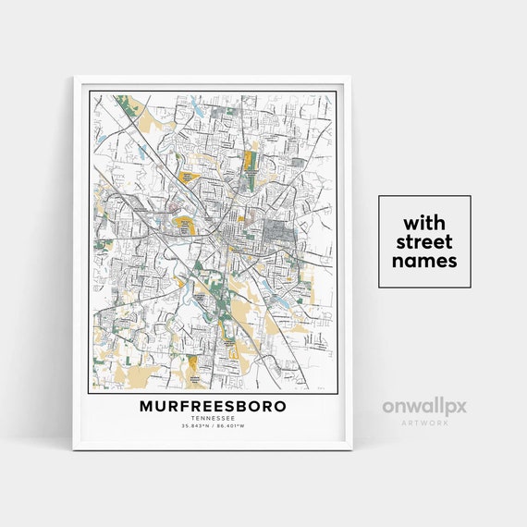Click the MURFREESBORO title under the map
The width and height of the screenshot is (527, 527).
coord(213,406)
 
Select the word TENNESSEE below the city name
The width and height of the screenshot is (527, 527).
coord(213,419)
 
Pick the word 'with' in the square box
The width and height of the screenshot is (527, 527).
coord(423,223)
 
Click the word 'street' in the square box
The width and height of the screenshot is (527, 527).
coord(423,242)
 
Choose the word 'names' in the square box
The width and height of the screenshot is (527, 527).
coord(423,261)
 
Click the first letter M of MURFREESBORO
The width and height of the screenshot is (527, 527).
coord(146,406)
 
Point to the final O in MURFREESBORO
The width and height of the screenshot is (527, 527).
coord(280,406)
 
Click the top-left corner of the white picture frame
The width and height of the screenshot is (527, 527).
coord(75,77)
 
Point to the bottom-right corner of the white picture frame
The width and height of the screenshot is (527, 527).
coord(352,449)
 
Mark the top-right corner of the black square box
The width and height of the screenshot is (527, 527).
coord(470,196)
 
